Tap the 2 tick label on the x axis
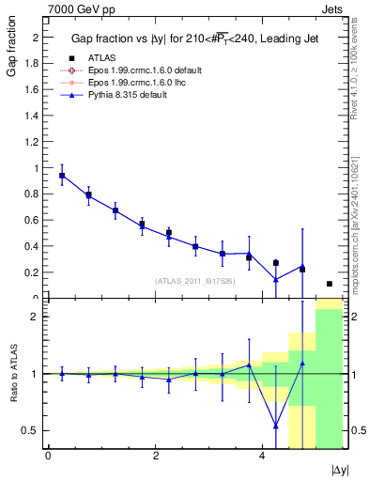point(155,457)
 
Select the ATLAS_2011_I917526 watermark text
point(195,280)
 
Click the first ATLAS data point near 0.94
point(62,176)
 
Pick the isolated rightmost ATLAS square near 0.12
point(329,284)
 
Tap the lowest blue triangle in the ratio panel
point(275,426)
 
